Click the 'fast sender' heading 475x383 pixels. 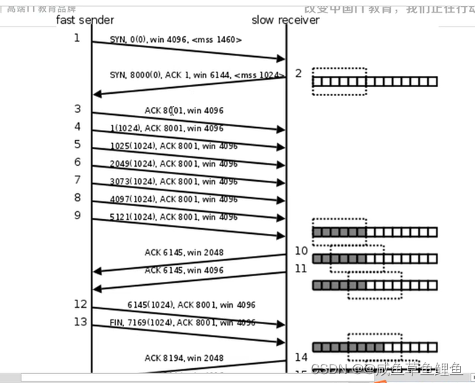[x=86, y=20]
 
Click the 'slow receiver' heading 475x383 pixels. [x=285, y=20]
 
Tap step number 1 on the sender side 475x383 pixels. [x=77, y=38]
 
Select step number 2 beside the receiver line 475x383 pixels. [x=298, y=73]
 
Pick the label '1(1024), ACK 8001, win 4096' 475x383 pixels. [x=176, y=128]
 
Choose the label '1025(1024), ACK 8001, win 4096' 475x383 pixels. [x=178, y=146]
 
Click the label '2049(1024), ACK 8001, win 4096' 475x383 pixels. [x=178, y=164]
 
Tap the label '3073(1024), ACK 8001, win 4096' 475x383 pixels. [x=178, y=182]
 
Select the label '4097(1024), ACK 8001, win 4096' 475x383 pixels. [x=178, y=199]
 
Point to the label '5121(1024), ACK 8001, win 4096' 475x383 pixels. [x=178, y=217]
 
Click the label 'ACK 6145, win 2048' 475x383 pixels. [x=184, y=252]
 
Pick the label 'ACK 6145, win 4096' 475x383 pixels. [x=184, y=270]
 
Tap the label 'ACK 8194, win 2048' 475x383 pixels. [x=184, y=358]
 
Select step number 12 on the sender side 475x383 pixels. [x=80, y=304]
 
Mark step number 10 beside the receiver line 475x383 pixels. [x=301, y=251]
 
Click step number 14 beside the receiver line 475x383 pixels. [x=301, y=357]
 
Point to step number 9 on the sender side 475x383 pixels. [x=77, y=215]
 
